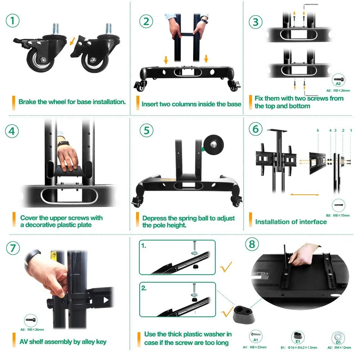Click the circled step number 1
pos(13,21)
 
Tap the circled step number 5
pos(146,130)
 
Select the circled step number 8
pos(252,244)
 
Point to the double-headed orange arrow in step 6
pos(304,195)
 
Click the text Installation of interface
pos(291,222)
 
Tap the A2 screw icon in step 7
pos(30,320)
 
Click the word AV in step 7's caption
pos(24,342)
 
